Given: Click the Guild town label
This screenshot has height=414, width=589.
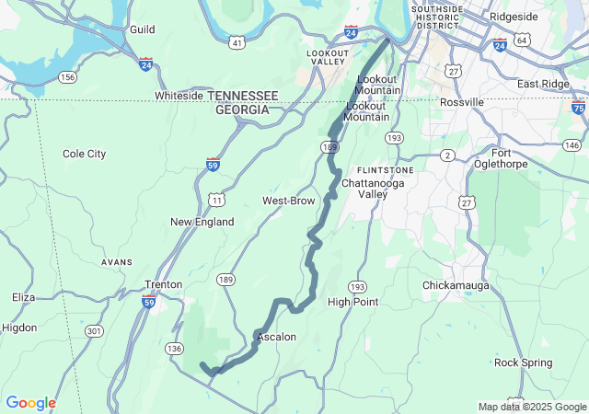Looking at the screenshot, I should point(142,29).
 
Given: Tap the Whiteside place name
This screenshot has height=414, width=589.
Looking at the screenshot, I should point(179,96).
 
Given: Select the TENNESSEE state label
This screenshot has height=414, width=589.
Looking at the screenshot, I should point(243,96).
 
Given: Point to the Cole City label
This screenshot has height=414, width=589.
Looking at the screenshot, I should point(84,154).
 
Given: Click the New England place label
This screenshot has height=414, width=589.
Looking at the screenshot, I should point(202,222).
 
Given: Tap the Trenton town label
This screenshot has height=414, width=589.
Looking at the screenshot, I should point(164,285).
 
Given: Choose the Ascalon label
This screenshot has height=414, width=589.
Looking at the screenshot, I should point(277,337).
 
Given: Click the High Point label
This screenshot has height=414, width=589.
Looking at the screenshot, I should point(352,302).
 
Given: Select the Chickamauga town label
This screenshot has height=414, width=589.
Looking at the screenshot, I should point(459,285).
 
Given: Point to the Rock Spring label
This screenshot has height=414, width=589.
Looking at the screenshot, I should point(522,362).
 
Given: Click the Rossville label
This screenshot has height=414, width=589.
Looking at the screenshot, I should point(462,101).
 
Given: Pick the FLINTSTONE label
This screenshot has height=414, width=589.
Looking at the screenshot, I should point(386,170).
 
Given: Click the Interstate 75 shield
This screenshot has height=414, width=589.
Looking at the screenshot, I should point(578,107).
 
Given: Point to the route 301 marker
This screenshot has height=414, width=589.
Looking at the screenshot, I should point(94,330).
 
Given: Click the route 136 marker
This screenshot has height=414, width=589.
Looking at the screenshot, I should point(175,348).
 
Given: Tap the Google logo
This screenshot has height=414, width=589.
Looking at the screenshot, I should point(30,403).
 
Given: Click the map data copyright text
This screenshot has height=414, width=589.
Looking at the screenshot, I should point(531,407).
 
